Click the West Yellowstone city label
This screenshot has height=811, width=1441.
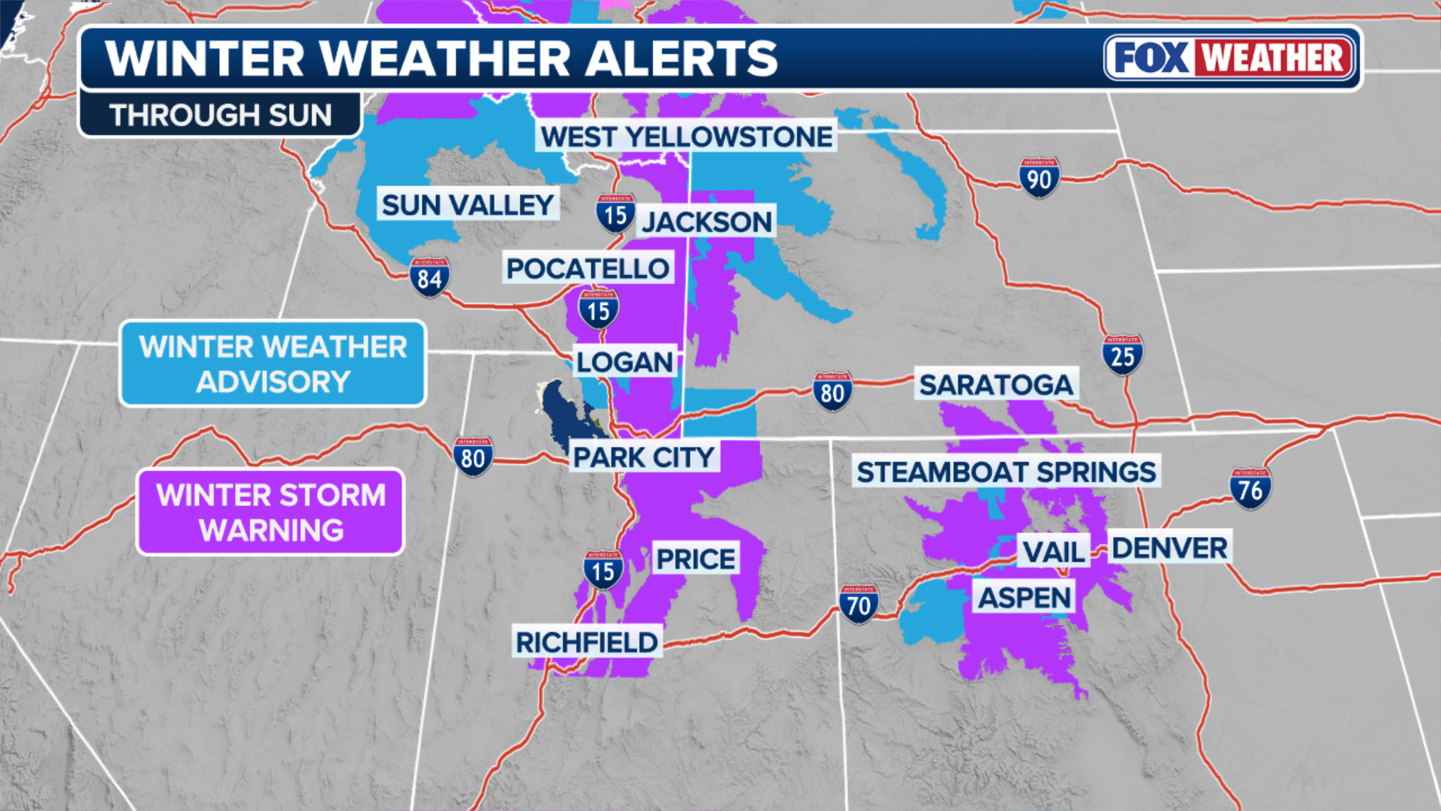coord(686,137)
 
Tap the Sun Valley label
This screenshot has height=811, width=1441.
coord(468,204)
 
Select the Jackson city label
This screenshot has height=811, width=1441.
coord(706,222)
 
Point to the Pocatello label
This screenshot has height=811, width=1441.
coord(588,268)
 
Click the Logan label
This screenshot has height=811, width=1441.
coord(624,362)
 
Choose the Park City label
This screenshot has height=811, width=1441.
coord(644,457)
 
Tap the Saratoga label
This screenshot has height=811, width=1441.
coord(996,384)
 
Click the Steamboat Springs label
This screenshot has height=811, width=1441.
coord(1006,472)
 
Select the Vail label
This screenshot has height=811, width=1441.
coord(1054,552)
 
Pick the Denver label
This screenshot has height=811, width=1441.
coord(1169,547)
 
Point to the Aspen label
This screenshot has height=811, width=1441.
coord(1024,598)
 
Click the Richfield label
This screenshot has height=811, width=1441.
coord(586,642)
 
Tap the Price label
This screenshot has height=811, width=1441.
coord(696,559)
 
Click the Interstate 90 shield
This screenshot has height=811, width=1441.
coord(1039,178)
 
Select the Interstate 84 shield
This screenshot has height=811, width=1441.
coord(429,277)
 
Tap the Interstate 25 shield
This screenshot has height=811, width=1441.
coord(1122,354)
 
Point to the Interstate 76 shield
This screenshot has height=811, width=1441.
coord(1250,489)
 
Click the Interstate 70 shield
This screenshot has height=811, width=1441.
coord(859,604)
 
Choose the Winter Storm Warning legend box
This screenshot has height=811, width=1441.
coord(270,512)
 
